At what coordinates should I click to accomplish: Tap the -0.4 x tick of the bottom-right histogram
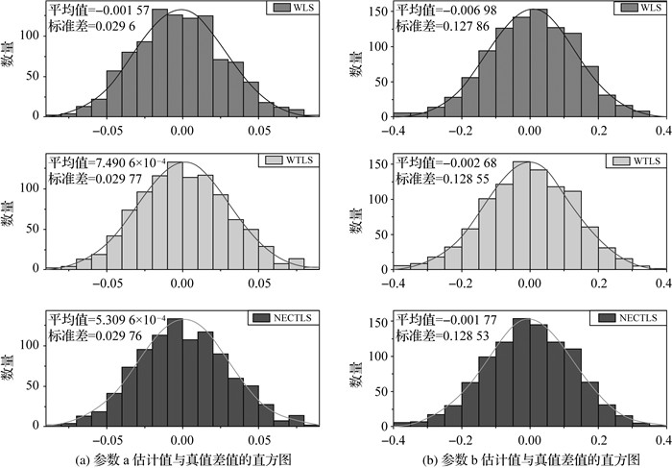(x=391, y=440)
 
